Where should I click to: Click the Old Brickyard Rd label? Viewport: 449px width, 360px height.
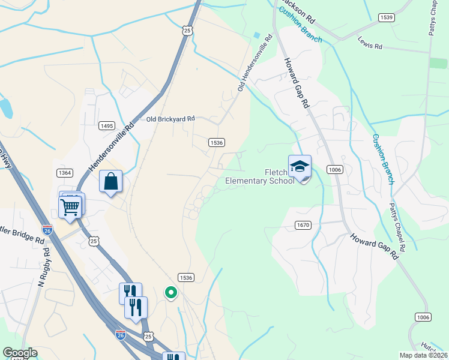[x=171, y=119]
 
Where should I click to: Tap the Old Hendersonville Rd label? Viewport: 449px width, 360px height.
[x=255, y=62]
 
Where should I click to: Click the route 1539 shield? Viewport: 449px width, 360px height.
[x=387, y=17]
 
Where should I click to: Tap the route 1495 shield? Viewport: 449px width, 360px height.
[x=107, y=125]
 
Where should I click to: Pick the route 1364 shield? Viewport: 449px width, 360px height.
[x=65, y=172]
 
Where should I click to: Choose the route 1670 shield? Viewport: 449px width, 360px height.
[x=303, y=225]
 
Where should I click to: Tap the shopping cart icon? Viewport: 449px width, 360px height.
[x=70, y=208]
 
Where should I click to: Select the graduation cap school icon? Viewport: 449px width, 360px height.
[x=300, y=166]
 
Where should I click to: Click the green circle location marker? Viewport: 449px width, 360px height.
[x=171, y=293]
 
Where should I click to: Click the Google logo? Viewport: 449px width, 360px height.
[x=20, y=353]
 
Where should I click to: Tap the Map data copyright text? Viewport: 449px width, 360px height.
[x=424, y=355]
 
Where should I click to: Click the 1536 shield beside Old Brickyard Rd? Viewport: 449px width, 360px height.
[x=217, y=142]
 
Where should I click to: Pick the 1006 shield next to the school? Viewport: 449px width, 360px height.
[x=335, y=170]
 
